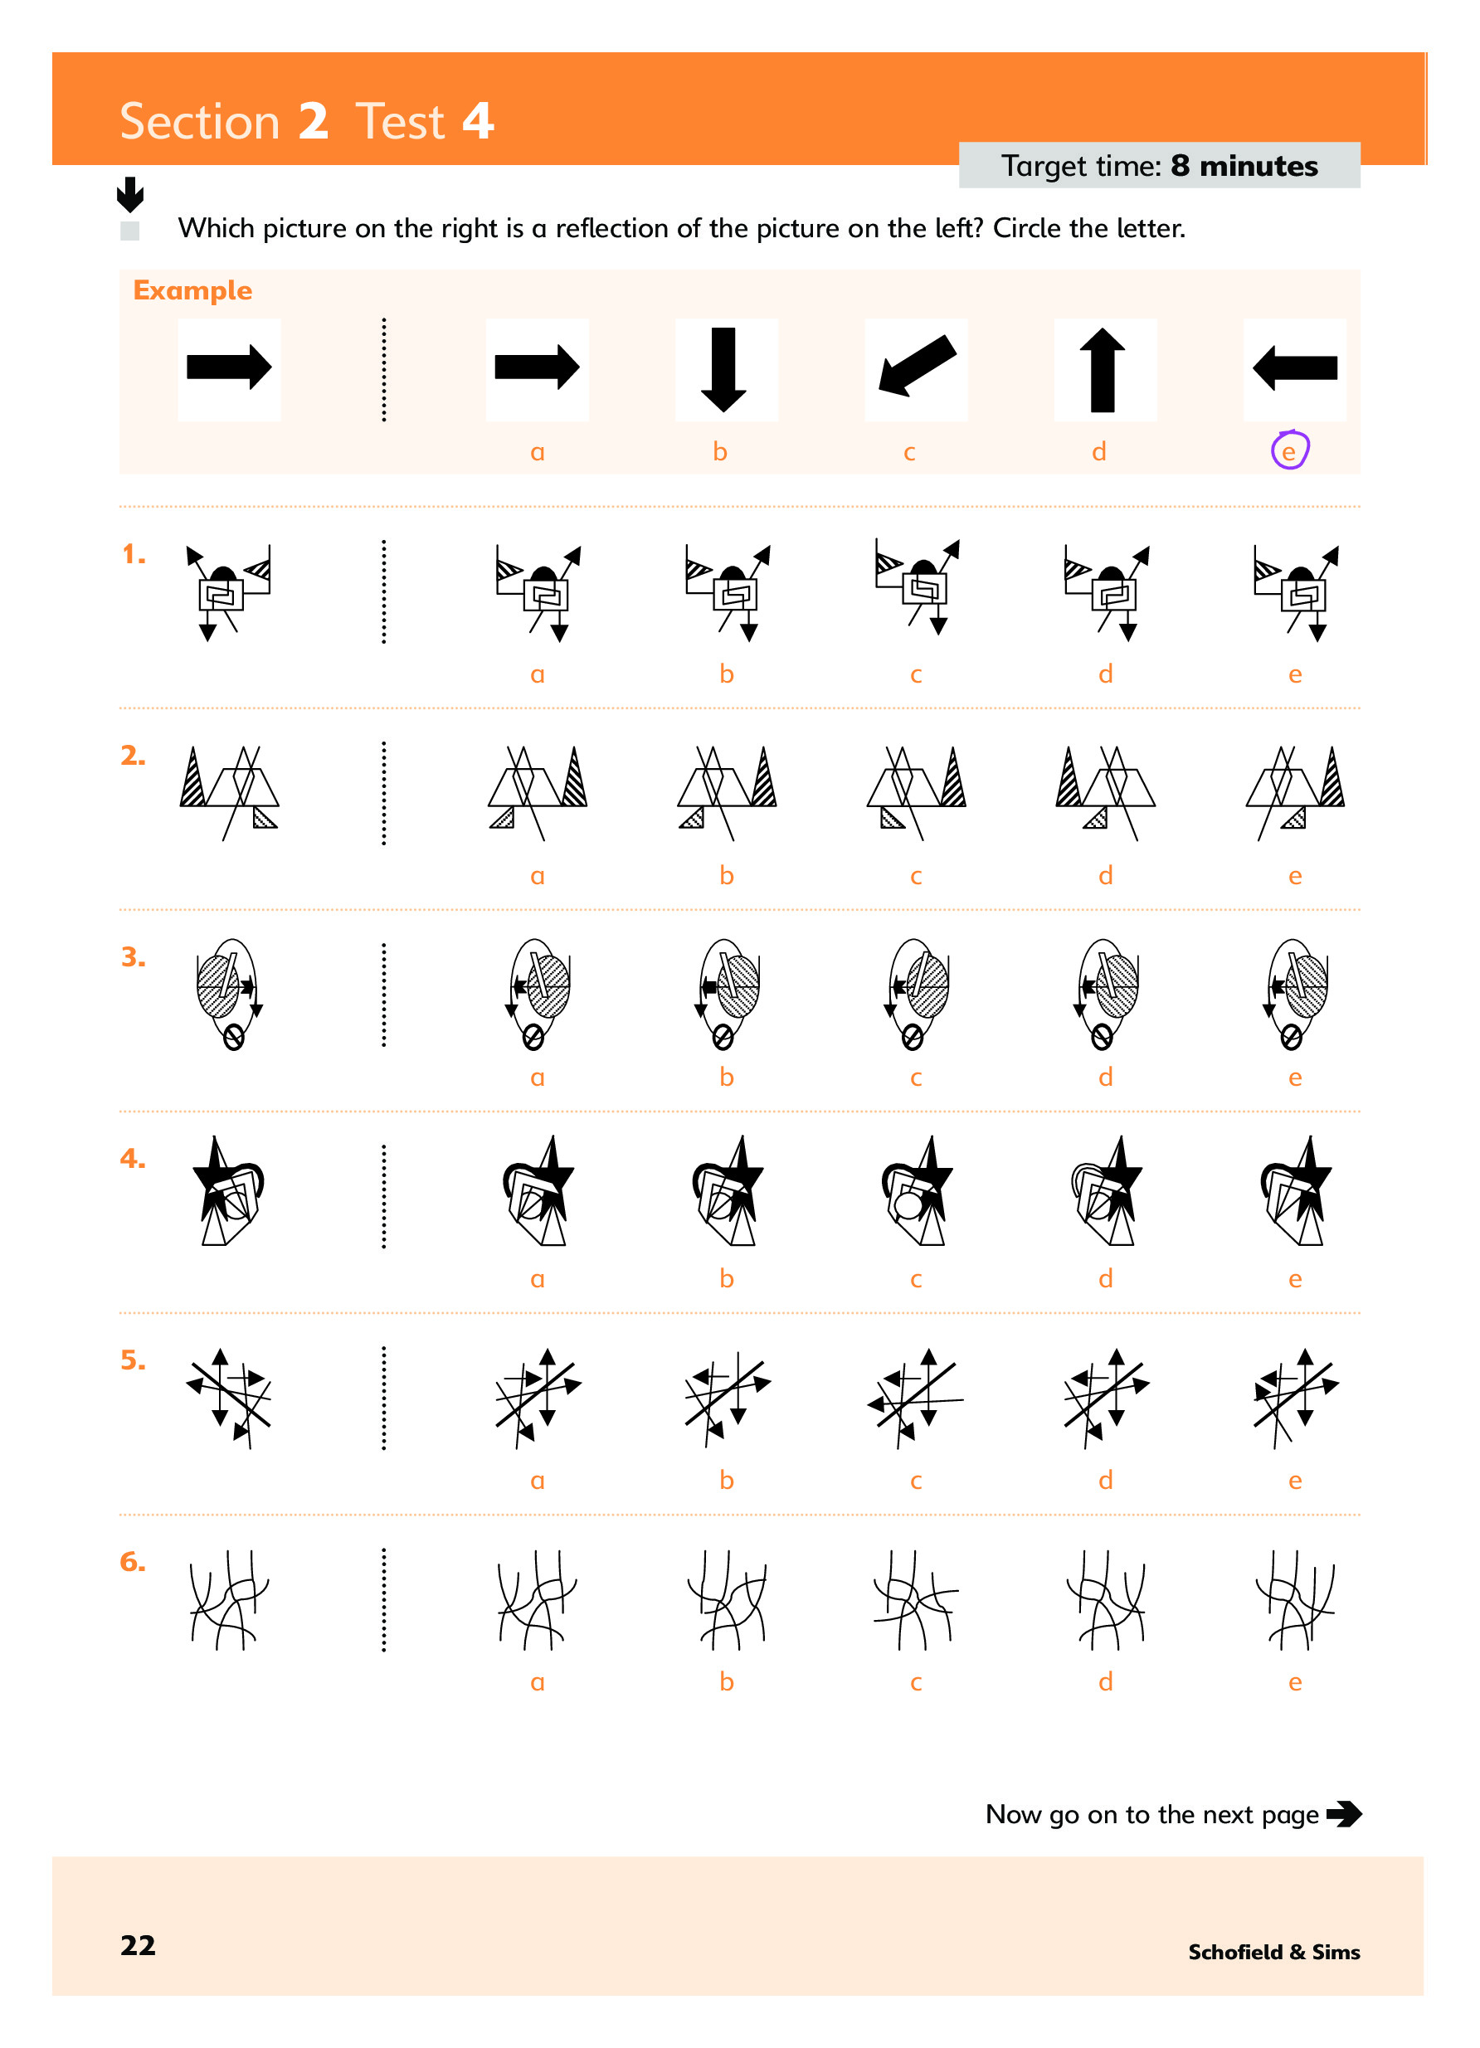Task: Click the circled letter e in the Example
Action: [1288, 451]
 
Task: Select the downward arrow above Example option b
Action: [723, 369]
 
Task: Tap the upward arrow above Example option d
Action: [1103, 369]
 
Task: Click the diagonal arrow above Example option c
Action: [917, 366]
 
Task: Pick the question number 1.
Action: [134, 553]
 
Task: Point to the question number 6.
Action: [133, 1561]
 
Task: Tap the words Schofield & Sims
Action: [1273, 1952]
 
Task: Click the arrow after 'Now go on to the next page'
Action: [1344, 1813]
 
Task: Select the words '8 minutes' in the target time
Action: [1244, 166]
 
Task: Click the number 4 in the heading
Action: [478, 121]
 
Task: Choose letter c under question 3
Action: [916, 1078]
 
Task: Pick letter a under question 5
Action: [538, 1480]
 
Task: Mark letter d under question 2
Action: [1105, 875]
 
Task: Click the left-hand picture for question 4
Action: [228, 1191]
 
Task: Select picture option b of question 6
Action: [726, 1599]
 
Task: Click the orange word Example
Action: [192, 291]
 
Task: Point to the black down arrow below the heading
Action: [130, 194]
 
